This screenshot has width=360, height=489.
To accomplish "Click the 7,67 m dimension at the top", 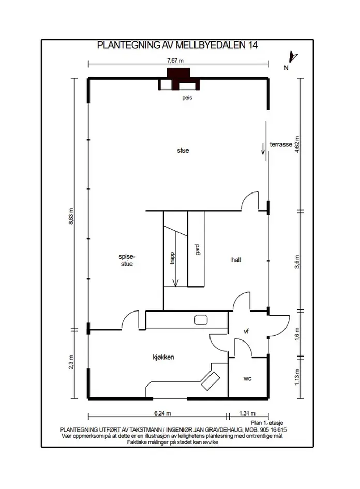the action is [175, 61].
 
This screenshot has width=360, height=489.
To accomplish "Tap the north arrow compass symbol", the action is [293, 57].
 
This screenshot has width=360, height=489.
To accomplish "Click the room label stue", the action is [183, 150].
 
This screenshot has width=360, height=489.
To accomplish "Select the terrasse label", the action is [281, 144].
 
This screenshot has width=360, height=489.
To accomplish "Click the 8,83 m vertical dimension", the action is [71, 216].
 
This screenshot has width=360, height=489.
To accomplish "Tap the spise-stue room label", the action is [127, 260].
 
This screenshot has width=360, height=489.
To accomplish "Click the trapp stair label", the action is [172, 258].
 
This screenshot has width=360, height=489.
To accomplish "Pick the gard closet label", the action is [197, 250].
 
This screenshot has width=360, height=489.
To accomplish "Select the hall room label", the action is [236, 260].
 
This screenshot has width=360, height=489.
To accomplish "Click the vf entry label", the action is [246, 331].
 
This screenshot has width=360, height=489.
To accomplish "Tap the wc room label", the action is [247, 379].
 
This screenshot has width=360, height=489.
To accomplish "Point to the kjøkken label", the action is [163, 358].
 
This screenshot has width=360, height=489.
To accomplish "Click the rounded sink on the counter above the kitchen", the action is [201, 320].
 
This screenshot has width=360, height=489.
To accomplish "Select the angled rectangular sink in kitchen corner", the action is [211, 381].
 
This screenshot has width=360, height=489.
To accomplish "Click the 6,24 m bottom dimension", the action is [163, 413].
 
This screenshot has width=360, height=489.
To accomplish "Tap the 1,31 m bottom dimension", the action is [247, 413].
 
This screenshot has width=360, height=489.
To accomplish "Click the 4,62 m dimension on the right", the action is [297, 144].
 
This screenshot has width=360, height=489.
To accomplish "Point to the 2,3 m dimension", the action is [71, 362].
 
